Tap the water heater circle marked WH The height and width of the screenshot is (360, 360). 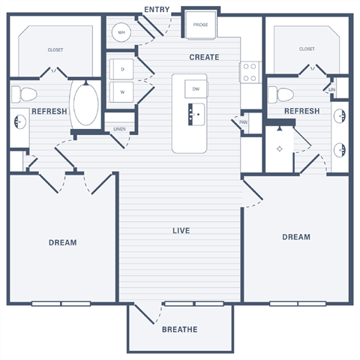pos(121,32)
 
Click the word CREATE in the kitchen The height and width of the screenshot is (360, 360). pos(204,57)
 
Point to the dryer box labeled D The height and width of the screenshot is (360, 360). pos(121,69)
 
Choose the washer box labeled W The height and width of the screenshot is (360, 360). pos(121,92)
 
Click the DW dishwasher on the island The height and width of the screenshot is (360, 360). pos(195,88)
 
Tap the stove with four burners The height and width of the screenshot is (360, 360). pos(249,72)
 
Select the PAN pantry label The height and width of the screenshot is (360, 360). pos(244,121)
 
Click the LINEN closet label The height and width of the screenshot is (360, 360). pos(119,129)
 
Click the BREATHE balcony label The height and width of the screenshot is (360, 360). pos(179,329)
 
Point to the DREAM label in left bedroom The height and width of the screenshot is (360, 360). pos(62,242)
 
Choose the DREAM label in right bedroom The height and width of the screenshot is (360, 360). pos(296,237)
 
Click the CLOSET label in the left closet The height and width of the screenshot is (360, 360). pos(55,49)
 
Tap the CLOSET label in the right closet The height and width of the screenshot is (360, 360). pos(306,49)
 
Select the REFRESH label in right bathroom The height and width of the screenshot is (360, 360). pos(302,111)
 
